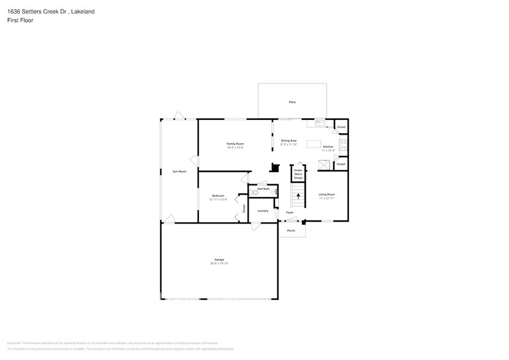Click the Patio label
coord(292,102)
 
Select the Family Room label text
coord(235,143)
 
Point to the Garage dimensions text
coord(219,263)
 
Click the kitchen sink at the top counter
coord(319,123)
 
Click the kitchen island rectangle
coord(314,144)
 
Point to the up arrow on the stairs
coord(298,197)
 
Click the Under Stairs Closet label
coord(298,174)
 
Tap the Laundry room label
coord(263,211)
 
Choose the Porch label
coord(291,231)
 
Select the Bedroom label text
coord(218,195)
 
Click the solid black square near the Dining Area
coord(275,167)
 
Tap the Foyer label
coord(290,212)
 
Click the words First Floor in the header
coord(21,20)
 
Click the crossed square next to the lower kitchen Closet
coord(324,164)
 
